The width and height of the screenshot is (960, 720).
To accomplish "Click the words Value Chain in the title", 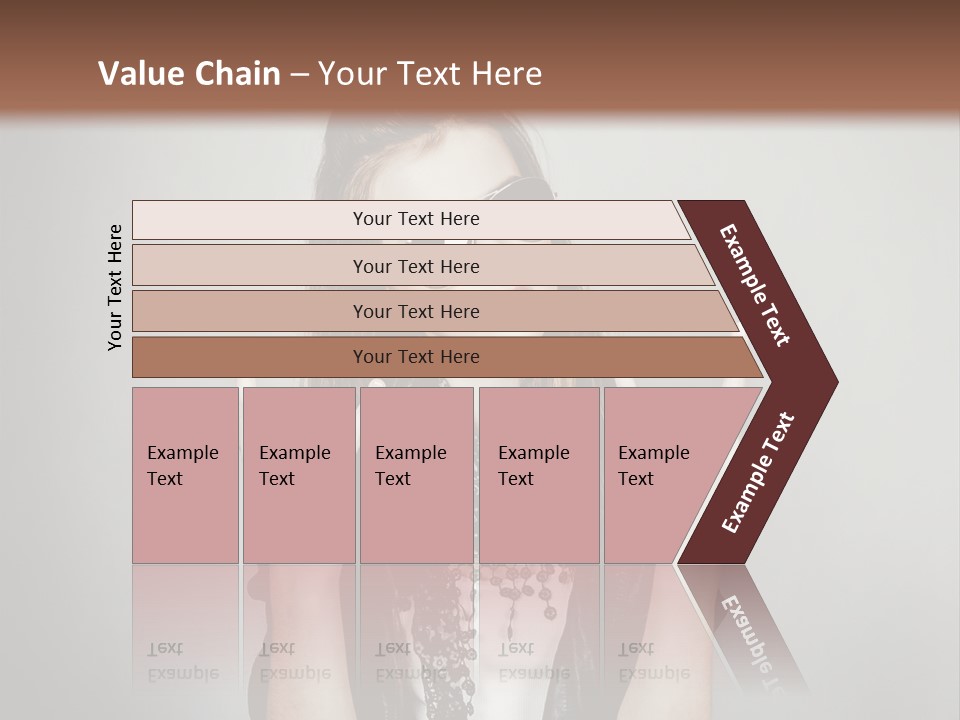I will click(189, 74).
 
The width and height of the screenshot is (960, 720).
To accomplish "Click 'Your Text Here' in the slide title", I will click(430, 74).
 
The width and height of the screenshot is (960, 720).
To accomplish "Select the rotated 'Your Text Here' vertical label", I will click(115, 287).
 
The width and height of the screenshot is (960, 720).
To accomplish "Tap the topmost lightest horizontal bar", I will click(415, 219).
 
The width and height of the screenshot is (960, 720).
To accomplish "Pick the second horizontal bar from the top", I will click(415, 266).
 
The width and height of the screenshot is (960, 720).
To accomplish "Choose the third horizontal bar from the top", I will click(415, 311).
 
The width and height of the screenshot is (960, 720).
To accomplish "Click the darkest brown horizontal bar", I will click(415, 357).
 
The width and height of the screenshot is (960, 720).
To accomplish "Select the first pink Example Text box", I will click(185, 475).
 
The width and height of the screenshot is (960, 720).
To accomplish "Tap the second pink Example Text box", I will click(298, 475).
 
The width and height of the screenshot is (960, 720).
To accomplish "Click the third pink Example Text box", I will click(416, 475).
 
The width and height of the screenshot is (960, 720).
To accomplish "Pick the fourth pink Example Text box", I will click(539, 475).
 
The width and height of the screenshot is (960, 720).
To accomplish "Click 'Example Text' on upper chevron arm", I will click(755, 285).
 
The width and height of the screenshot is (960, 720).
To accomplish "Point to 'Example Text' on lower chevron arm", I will click(757, 473).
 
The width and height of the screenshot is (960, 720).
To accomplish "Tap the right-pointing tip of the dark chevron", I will click(832, 381).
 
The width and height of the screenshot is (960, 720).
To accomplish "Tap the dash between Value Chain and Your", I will click(299, 75).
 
